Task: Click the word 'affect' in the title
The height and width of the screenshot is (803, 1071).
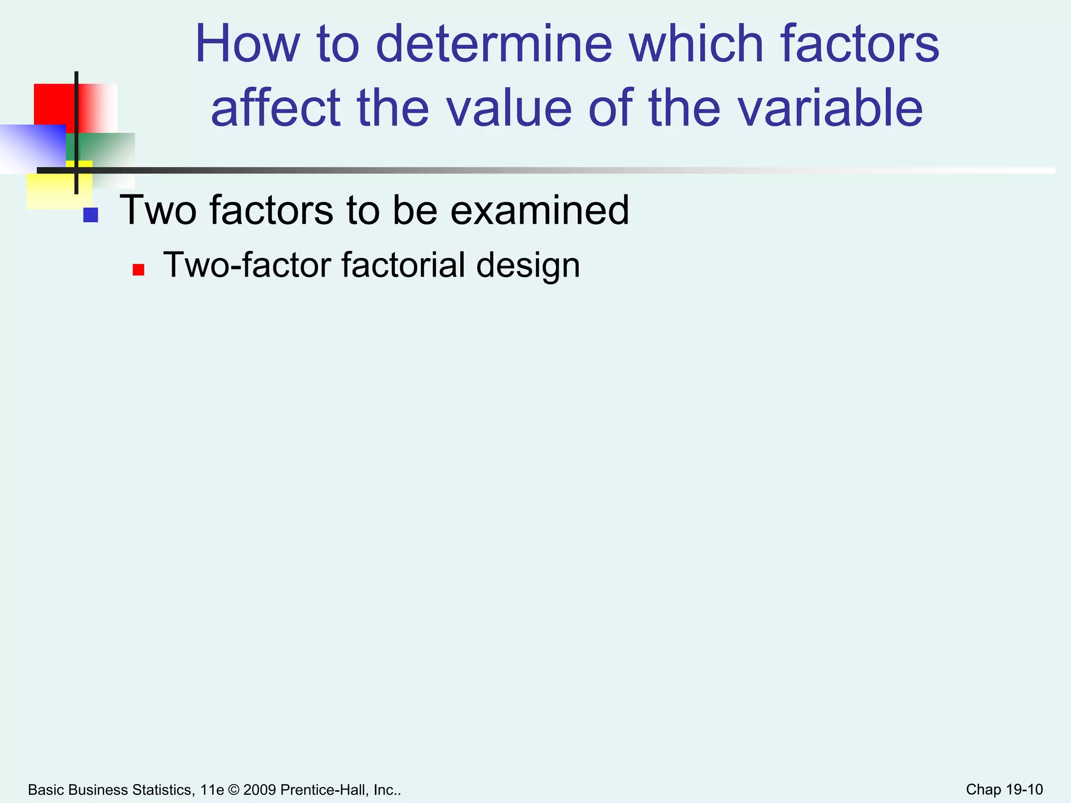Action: (275, 108)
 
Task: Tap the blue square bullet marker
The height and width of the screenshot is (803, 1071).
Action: (90, 215)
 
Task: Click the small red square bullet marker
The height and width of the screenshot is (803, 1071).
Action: (138, 270)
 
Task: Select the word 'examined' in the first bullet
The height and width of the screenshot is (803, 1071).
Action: (539, 210)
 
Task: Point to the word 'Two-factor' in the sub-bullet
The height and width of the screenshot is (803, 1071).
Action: (247, 265)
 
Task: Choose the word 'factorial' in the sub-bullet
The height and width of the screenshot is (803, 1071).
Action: (403, 265)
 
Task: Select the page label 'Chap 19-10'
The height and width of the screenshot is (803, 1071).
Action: (1004, 789)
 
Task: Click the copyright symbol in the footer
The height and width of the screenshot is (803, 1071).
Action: (233, 790)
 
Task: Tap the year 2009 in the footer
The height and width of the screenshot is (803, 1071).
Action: (259, 790)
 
